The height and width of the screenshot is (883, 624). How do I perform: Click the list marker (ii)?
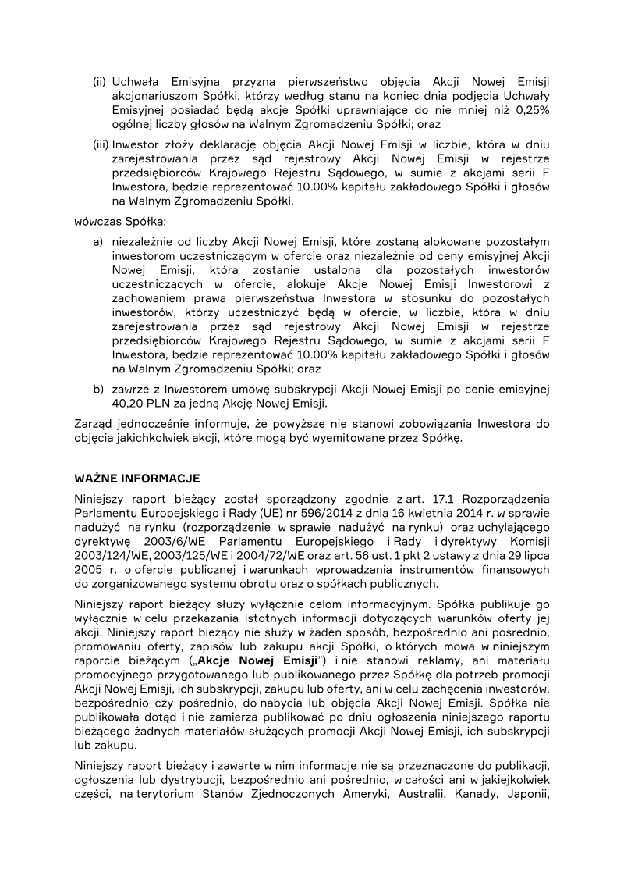point(100,82)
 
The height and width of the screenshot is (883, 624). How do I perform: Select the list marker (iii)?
point(101,145)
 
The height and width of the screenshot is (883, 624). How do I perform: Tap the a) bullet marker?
point(98,242)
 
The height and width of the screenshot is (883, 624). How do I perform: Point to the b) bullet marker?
point(98,390)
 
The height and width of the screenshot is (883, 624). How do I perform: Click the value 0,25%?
point(532,110)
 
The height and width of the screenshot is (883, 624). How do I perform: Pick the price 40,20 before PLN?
point(129,404)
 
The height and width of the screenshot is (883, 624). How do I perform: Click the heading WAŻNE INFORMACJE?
point(137,478)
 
